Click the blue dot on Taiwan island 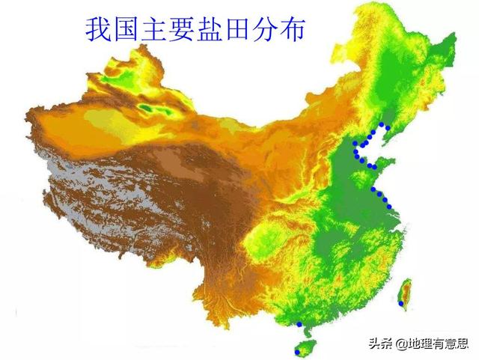[401, 303]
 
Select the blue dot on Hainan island [298, 351]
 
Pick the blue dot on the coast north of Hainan [299, 324]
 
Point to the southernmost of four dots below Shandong [390, 204]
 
